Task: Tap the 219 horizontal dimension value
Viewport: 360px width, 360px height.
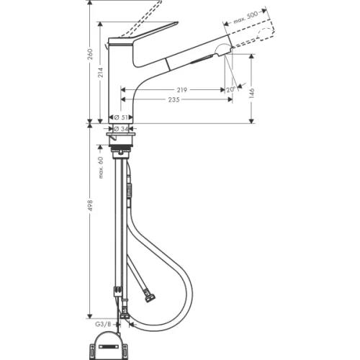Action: tap(182, 90)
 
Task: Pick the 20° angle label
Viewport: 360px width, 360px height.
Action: tap(230, 89)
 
